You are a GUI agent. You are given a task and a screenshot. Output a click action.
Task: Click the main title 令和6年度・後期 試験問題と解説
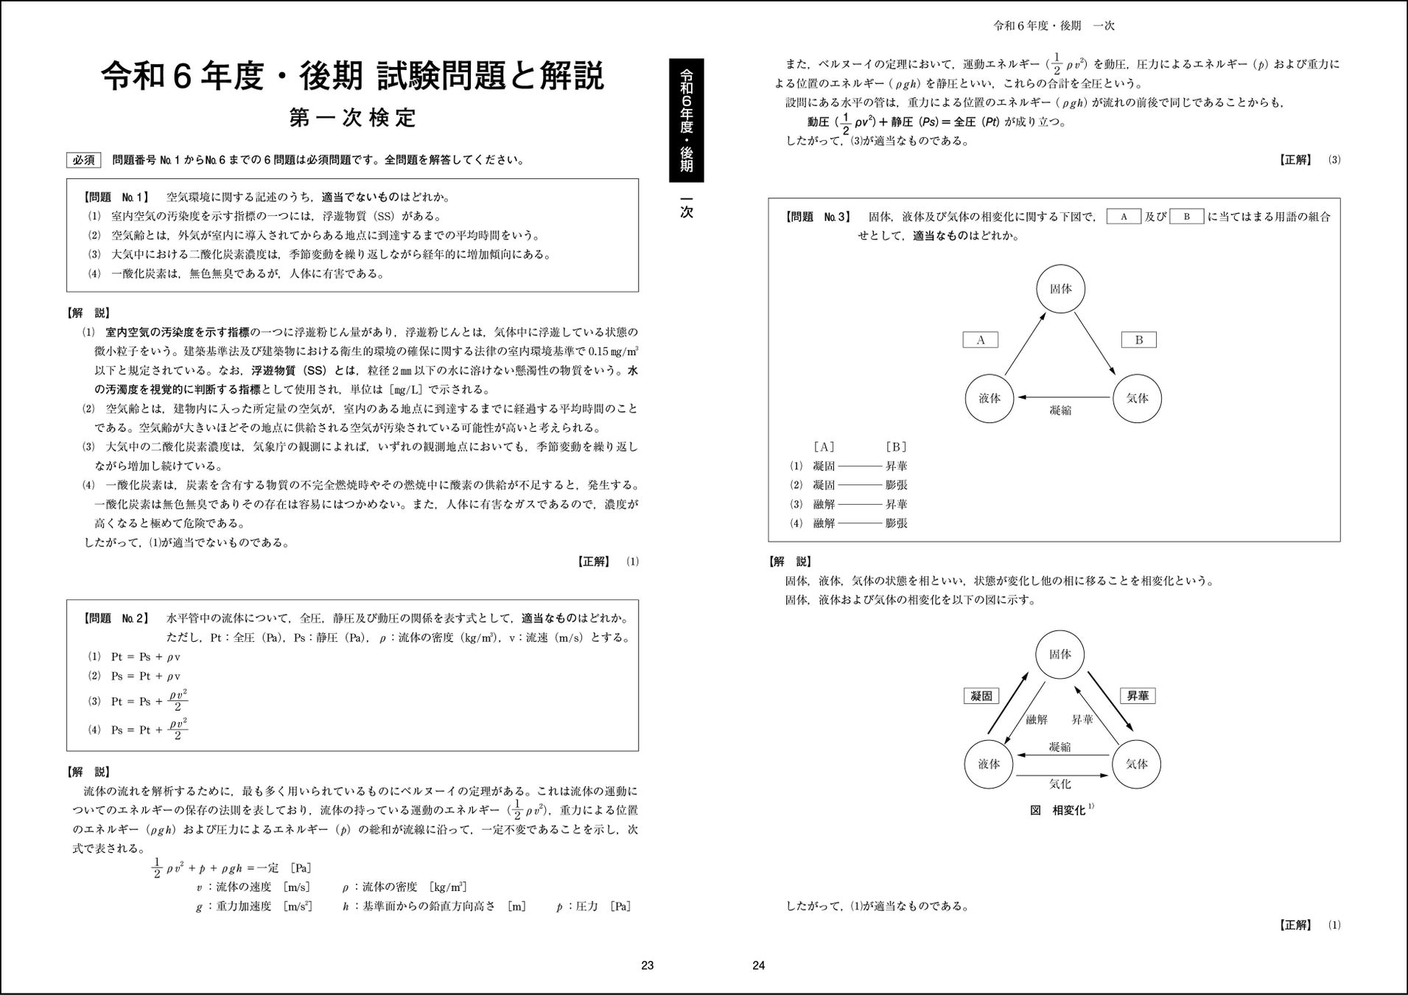(x=352, y=77)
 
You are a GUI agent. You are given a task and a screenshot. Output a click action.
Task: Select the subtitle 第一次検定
(x=352, y=118)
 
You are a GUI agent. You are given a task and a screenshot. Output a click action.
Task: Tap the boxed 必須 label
(x=84, y=160)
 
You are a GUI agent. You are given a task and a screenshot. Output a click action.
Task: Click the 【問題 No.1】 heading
(x=116, y=198)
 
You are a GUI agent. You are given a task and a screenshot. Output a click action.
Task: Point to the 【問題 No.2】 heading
(x=116, y=618)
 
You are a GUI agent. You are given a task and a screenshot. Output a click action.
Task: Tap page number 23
(x=647, y=966)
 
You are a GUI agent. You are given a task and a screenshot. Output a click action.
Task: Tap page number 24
(x=759, y=966)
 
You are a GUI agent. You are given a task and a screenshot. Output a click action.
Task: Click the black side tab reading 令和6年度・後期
(x=686, y=120)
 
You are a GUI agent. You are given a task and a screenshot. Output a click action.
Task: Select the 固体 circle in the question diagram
(x=1060, y=289)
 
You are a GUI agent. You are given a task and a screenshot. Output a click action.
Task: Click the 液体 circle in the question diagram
(x=990, y=398)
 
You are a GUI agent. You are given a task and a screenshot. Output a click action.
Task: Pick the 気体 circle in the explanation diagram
(x=1136, y=764)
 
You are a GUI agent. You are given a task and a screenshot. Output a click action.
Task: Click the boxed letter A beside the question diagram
(x=981, y=340)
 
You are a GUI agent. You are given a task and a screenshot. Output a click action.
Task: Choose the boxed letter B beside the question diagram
(x=1138, y=340)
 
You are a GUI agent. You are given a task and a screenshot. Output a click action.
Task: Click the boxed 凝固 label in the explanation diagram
(x=981, y=696)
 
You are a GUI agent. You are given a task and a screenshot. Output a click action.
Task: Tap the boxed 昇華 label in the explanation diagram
(x=1138, y=696)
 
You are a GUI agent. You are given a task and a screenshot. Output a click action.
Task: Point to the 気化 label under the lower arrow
(x=1059, y=784)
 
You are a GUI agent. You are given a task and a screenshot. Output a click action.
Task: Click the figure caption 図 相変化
(x=1059, y=810)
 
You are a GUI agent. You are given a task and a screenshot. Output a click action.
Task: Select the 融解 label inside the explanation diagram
(x=1036, y=719)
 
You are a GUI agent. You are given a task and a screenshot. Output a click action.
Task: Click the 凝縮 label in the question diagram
(x=1059, y=411)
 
